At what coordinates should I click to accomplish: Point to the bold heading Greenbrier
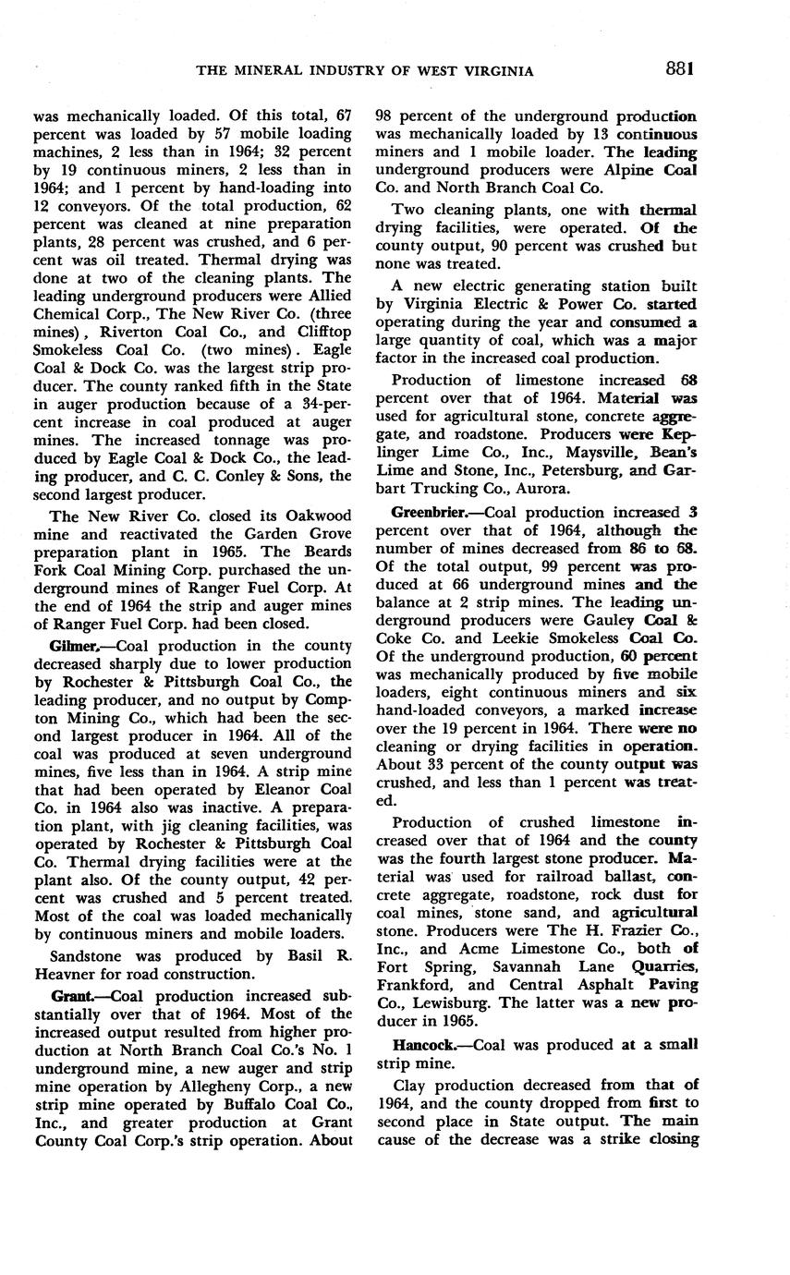[432, 512]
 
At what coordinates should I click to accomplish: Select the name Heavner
[68, 974]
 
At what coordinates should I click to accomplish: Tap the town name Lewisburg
[443, 1002]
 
